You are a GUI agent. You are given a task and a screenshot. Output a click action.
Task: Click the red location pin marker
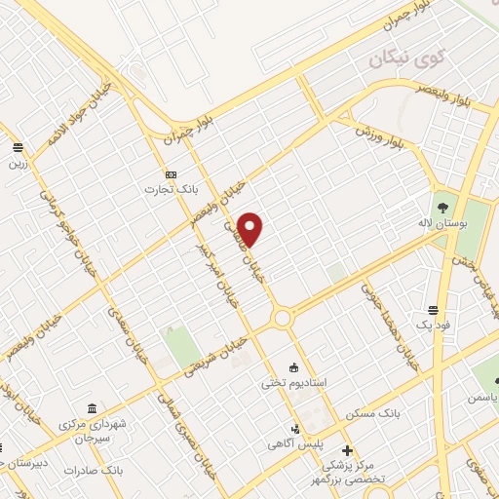click(251, 228)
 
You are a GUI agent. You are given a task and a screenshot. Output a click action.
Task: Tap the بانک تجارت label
click(151, 188)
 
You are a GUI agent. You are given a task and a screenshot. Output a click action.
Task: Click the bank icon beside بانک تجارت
click(172, 174)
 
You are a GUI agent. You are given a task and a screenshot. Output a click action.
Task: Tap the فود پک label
click(430, 324)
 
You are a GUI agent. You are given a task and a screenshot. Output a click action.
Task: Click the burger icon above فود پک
click(433, 309)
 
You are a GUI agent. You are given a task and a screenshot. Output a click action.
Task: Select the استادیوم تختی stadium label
click(285, 383)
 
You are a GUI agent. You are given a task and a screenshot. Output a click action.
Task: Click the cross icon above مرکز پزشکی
click(348, 449)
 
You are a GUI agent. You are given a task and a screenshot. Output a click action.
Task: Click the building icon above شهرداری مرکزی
click(92, 407)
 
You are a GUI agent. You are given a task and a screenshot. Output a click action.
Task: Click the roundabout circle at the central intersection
click(284, 318)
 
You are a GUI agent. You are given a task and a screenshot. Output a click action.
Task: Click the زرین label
click(17, 164)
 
